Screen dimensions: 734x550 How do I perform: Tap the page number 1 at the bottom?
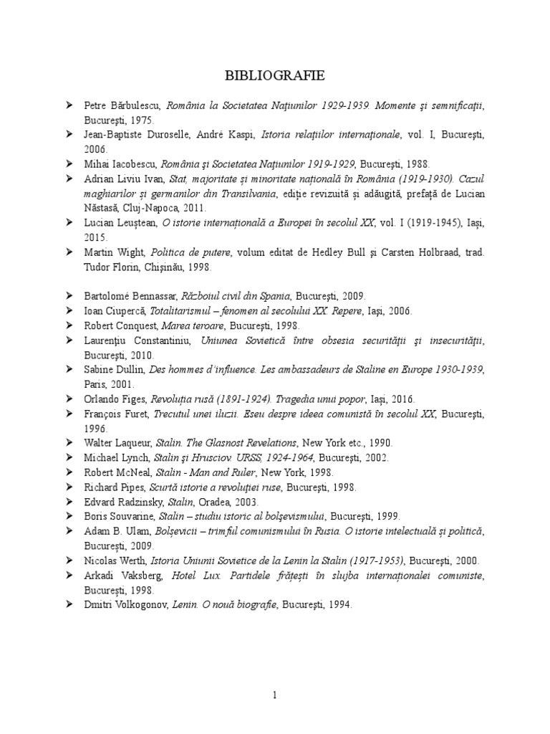274,694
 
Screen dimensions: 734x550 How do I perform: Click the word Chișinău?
165,266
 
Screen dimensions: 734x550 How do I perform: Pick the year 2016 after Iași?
400,399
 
